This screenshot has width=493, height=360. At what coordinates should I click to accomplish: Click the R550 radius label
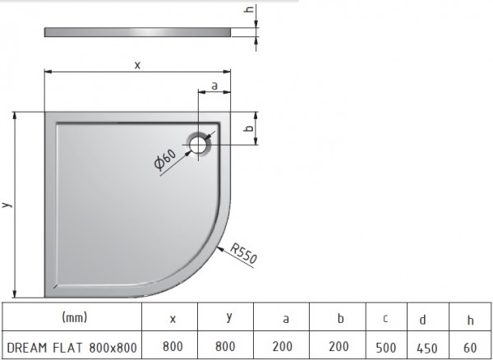244,253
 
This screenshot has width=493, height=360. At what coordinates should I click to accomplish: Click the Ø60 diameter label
165,159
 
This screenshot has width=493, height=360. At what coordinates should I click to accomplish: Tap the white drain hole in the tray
198,145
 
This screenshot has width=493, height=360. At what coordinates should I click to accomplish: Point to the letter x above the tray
137,65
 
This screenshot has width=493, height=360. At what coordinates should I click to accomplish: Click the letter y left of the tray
7,205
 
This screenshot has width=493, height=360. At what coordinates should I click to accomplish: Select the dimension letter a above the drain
214,85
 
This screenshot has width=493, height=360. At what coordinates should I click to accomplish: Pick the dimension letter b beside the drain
249,128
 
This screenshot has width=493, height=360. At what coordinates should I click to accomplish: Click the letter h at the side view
249,9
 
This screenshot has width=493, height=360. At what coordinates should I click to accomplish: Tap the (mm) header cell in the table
75,317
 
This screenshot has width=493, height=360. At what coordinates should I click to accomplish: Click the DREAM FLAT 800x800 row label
71,348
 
